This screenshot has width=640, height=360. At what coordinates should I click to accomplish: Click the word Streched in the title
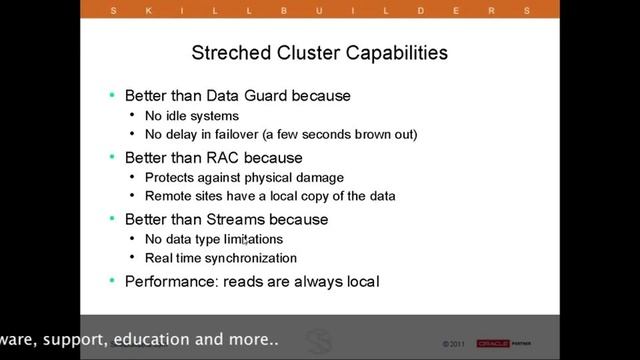[x=226, y=51]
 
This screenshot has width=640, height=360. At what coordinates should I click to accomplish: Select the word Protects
[x=173, y=177]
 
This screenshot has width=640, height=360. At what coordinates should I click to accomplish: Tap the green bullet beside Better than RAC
[x=112, y=158]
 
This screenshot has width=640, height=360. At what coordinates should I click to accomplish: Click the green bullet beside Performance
[x=112, y=281]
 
